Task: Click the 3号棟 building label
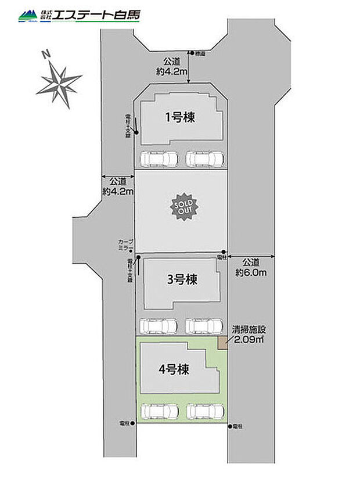click(182, 280)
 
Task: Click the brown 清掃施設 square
click(222, 343)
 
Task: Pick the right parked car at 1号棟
click(205, 158)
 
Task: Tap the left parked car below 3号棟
click(159, 326)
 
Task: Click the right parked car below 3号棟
click(204, 326)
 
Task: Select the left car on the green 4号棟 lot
click(160, 411)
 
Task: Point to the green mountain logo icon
click(26, 16)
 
